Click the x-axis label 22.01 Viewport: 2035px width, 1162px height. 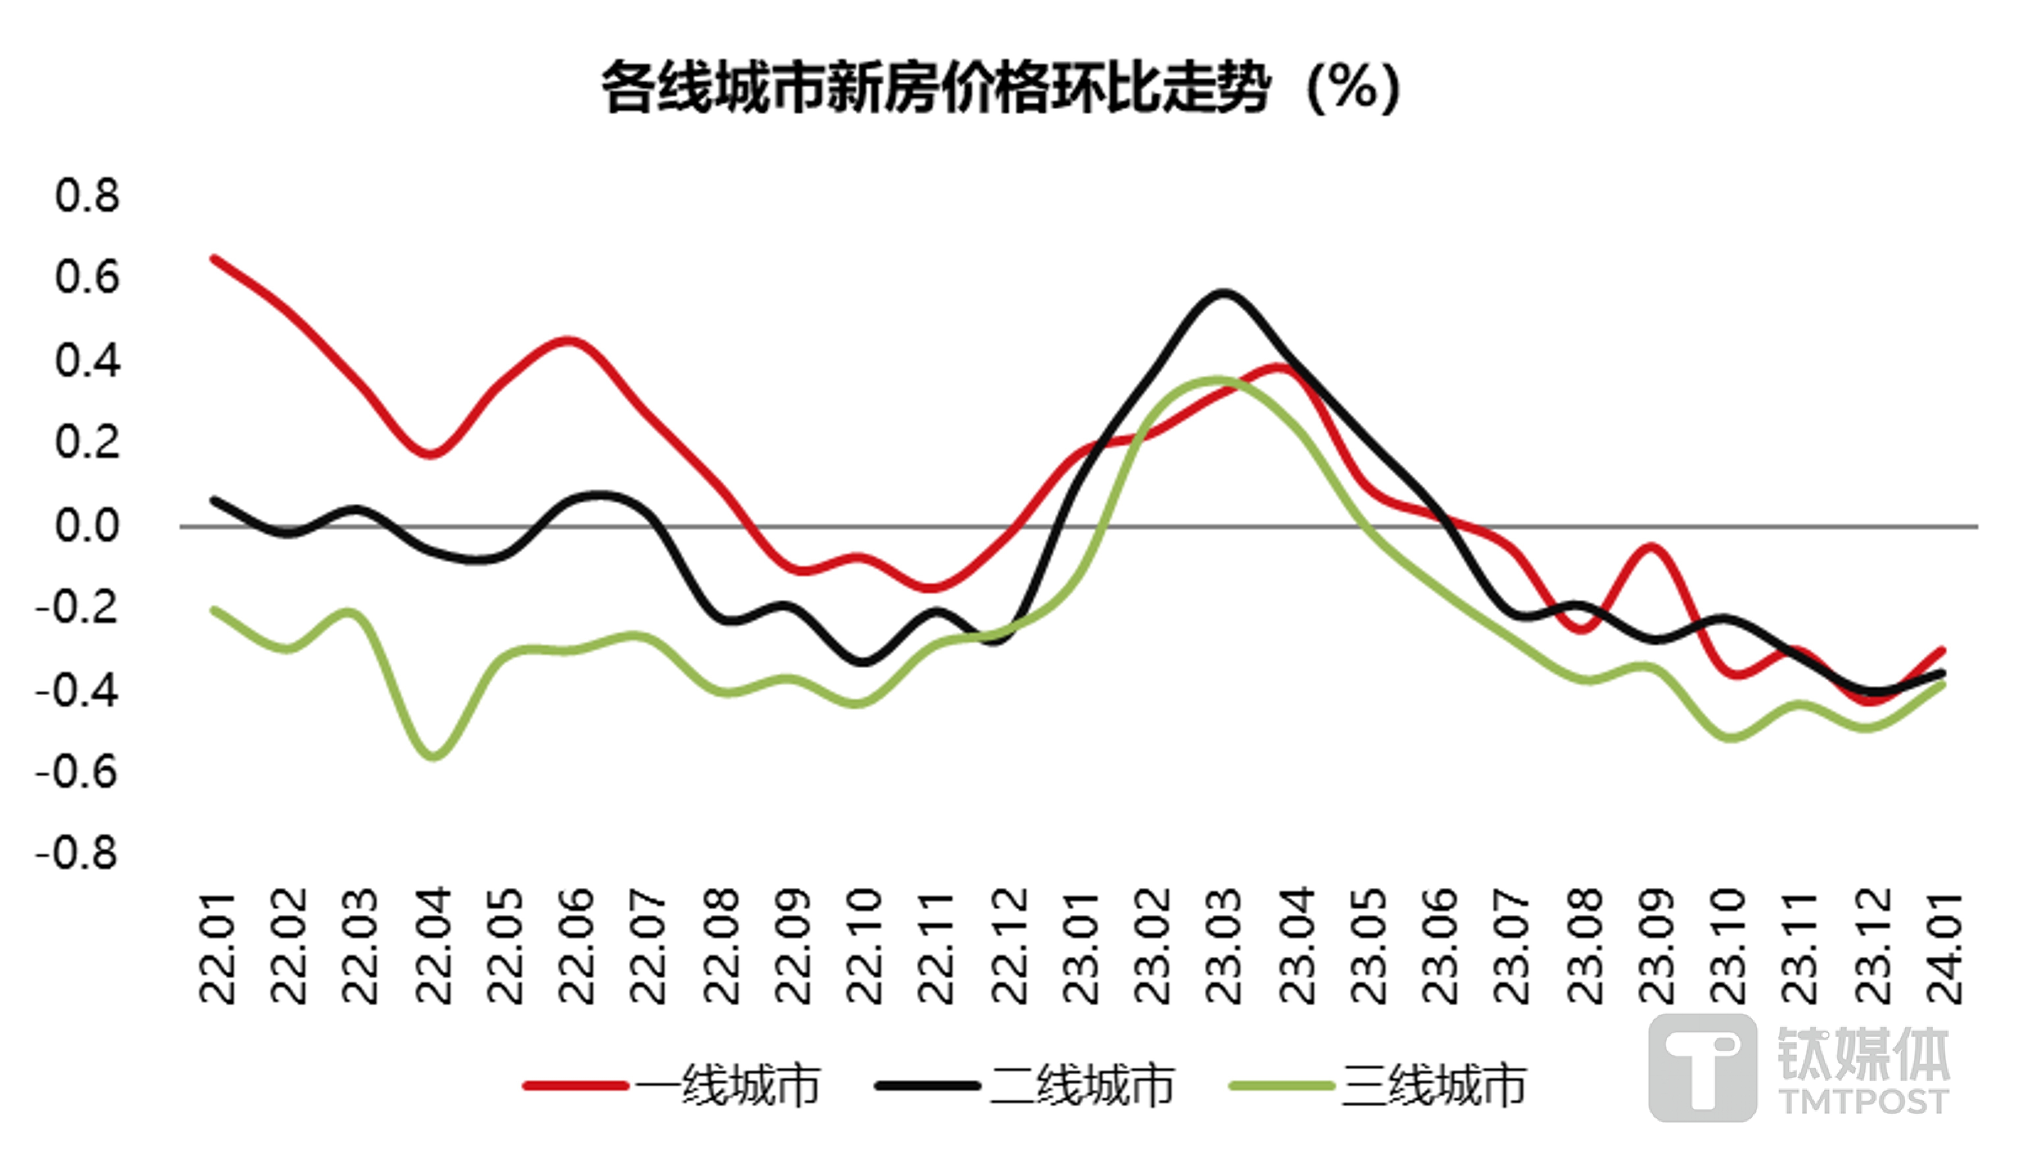(217, 947)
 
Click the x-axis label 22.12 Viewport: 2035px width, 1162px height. (1009, 947)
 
